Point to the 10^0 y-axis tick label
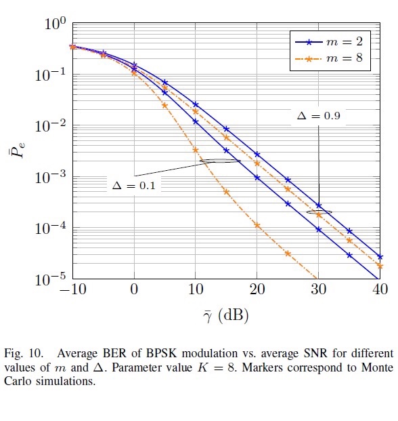[x=54, y=24]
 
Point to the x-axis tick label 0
[x=134, y=291]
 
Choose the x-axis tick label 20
[x=257, y=291]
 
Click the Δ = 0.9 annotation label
[x=318, y=116]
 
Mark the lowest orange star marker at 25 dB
[x=288, y=254]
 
